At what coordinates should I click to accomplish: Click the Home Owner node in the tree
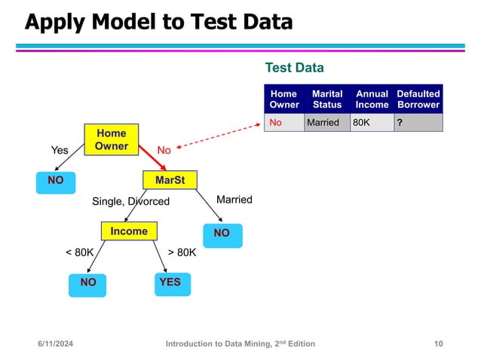coord(112,139)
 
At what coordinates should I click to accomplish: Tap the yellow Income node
coord(129,231)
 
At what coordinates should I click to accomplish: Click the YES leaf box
coord(170,282)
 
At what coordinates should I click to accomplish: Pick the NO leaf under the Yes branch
coord(56,181)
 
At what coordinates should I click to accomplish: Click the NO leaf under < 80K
coord(88,283)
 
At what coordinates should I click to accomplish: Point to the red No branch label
coord(164,151)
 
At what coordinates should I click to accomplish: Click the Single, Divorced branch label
coord(130,202)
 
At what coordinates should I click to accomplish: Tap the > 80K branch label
coord(182,253)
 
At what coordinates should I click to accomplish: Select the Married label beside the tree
coord(234,200)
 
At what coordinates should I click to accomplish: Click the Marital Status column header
coord(327,99)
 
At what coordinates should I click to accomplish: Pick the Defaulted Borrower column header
coord(418,99)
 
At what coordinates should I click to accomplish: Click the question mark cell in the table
coord(418,123)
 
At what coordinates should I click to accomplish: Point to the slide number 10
coord(439,343)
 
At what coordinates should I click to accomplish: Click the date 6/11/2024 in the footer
coord(61,343)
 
